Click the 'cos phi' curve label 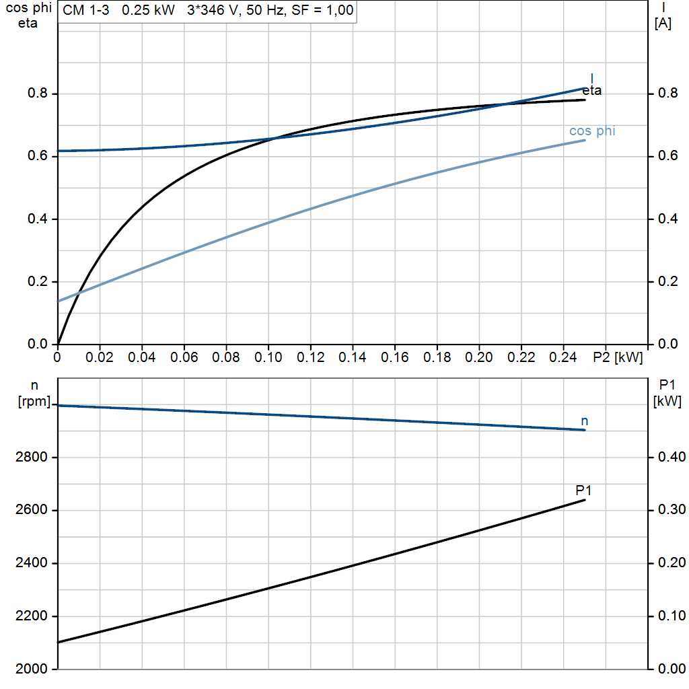(x=592, y=131)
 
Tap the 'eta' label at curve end (x=592, y=91)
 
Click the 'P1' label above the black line (x=583, y=491)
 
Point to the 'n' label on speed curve (x=585, y=421)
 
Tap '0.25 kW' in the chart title (x=150, y=11)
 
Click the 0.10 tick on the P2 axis (x=268, y=356)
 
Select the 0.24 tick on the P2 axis (x=564, y=356)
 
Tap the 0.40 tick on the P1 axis (x=669, y=458)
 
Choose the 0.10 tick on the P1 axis (x=669, y=616)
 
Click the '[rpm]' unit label (x=34, y=402)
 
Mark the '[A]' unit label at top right (x=663, y=24)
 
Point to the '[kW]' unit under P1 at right (x=667, y=402)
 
